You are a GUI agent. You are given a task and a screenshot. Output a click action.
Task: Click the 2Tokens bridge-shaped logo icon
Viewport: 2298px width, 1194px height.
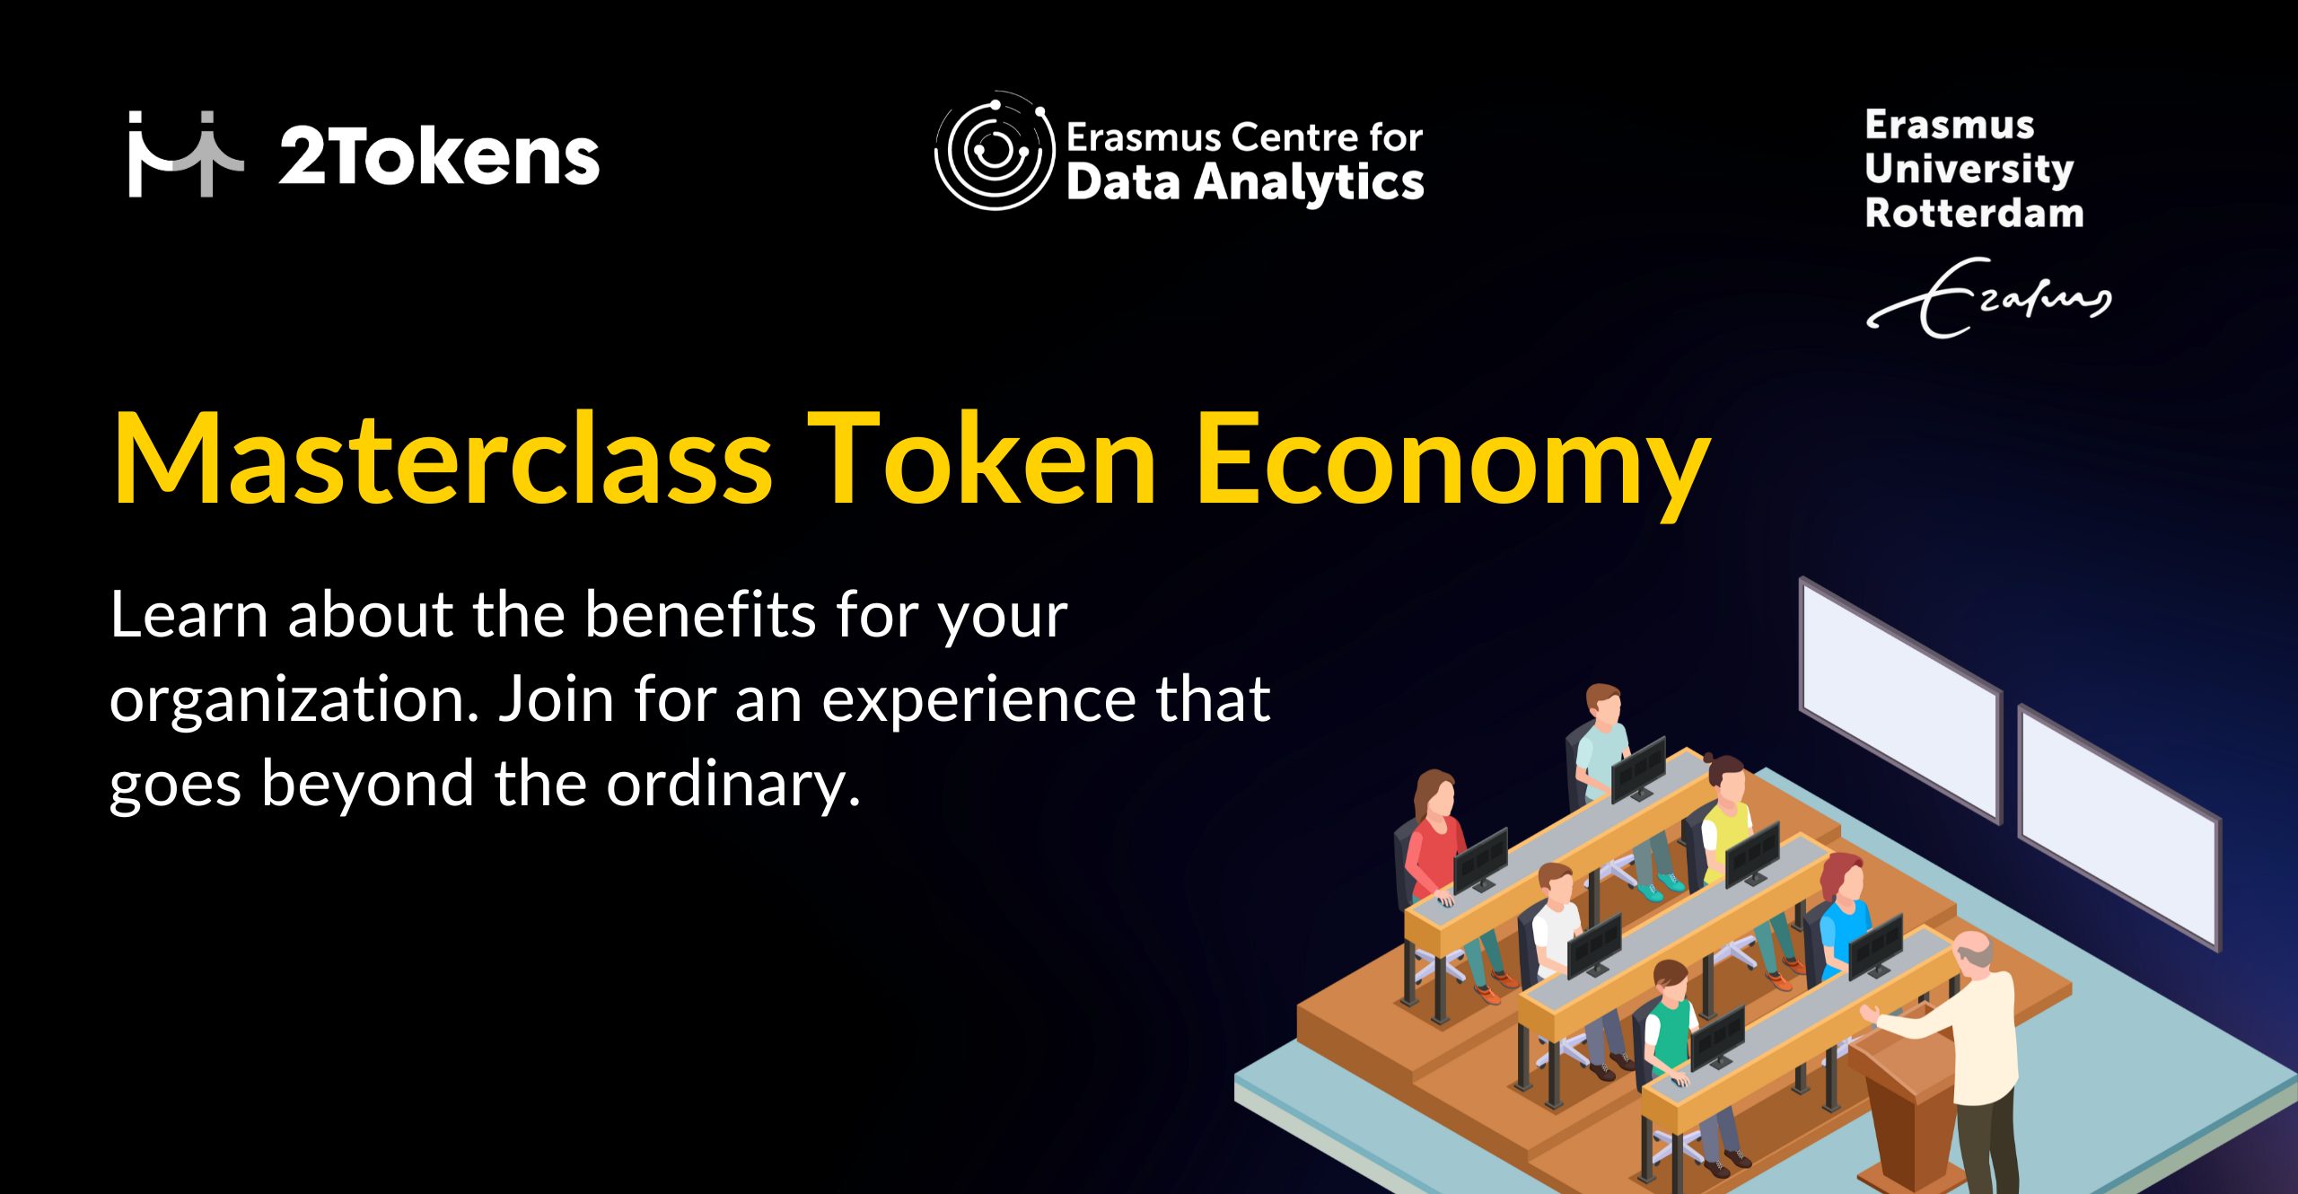[185, 154]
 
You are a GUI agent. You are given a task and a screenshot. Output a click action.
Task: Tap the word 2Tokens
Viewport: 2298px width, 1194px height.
[439, 156]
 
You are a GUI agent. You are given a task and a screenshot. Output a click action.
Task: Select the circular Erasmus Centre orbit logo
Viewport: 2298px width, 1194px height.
[995, 150]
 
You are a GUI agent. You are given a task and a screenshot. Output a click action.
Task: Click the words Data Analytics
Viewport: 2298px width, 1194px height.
[1245, 183]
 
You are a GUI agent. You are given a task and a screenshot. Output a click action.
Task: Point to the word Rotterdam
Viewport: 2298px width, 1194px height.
[1974, 214]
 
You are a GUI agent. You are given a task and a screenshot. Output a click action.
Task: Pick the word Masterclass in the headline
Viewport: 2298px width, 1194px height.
[442, 460]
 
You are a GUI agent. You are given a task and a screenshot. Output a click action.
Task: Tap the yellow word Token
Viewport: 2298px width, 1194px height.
[982, 460]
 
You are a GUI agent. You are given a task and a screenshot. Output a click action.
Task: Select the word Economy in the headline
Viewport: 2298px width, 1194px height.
[1452, 465]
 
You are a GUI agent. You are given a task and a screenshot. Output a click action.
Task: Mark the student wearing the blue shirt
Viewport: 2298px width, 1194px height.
[1845, 925]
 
